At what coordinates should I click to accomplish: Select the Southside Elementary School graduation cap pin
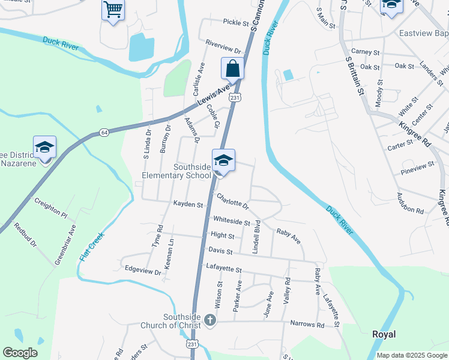pos(223,161)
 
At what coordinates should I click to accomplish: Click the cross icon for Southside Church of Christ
pos(210,320)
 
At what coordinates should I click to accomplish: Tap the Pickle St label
pos(236,23)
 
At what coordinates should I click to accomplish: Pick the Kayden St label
pos(188,205)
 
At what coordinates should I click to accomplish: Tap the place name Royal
pos(384,334)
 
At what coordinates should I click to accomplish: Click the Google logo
pos(20,353)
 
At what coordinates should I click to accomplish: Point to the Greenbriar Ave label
pos(65,244)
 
